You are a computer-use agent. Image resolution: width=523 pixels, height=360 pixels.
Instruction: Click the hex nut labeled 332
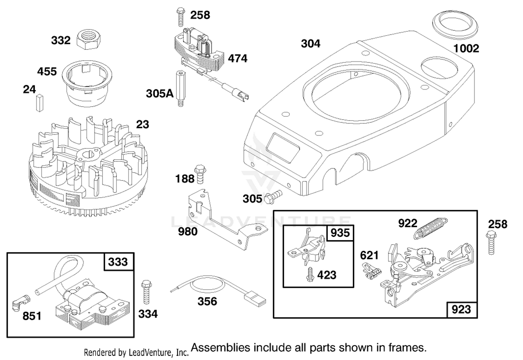point(89,40)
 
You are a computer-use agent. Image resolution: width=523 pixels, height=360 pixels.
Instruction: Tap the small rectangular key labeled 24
point(40,103)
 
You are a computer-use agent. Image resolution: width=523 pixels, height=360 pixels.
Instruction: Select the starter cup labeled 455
point(87,83)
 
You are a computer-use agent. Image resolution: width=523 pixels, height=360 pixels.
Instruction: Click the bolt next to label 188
point(200,174)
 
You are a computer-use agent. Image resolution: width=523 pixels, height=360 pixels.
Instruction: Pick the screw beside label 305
point(273,197)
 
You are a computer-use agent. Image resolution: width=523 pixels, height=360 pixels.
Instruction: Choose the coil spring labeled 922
point(431,228)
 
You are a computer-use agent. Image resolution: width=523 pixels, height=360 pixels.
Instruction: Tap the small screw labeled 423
point(310,274)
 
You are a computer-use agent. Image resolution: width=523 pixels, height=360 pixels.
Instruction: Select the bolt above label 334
point(146,292)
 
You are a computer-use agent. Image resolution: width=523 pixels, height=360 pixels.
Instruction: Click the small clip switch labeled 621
point(372,271)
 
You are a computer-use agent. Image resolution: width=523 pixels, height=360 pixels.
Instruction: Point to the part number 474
point(237,58)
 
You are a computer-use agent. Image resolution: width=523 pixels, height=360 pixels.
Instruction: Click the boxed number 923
point(461,309)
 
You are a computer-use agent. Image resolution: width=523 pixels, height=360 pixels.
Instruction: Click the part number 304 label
point(311,44)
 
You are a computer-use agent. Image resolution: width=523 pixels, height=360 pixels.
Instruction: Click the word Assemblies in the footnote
point(220,348)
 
